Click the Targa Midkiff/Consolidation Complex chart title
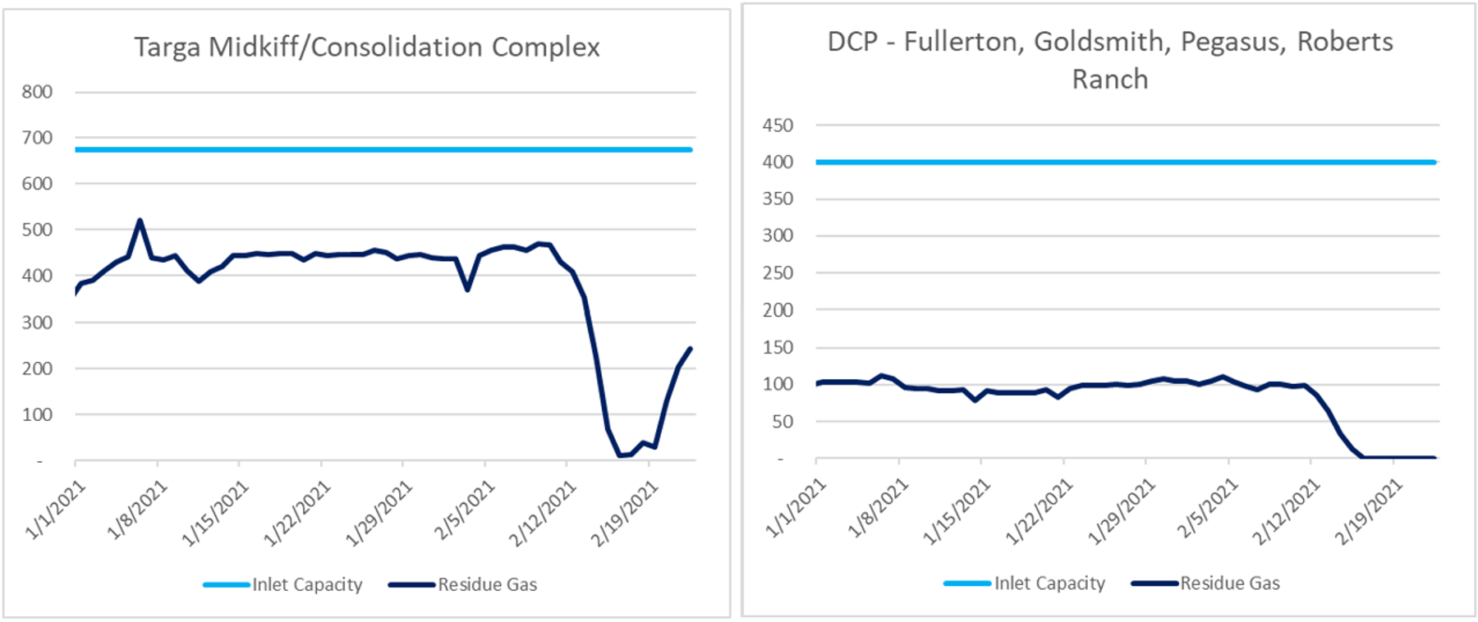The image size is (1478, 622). [367, 47]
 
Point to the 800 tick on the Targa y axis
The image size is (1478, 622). [37, 92]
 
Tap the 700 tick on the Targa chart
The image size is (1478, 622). [37, 138]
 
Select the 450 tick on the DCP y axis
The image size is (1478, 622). [778, 126]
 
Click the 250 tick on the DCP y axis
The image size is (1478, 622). [778, 273]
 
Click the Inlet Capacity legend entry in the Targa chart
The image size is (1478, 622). [306, 585]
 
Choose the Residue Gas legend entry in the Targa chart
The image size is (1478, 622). [487, 585]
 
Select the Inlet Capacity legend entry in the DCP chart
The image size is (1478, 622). [1049, 583]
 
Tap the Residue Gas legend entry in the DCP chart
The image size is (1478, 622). [1229, 583]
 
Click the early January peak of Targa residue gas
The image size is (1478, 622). [140, 220]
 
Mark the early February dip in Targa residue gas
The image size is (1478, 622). [467, 290]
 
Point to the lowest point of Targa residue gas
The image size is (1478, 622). [620, 455]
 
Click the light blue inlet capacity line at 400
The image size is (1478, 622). [1125, 162]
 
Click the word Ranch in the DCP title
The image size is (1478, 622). [1109, 80]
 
